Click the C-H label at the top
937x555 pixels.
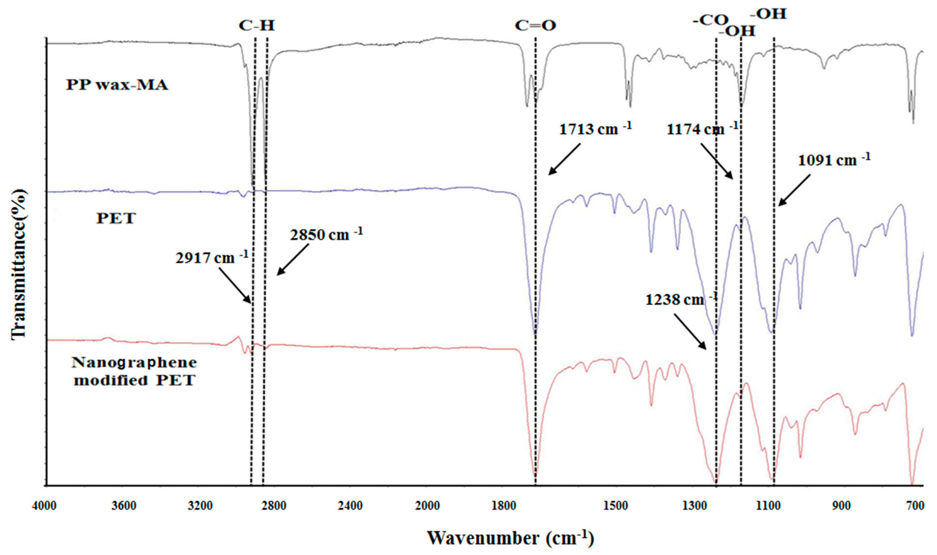coord(257,26)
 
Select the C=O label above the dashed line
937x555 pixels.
coord(535,26)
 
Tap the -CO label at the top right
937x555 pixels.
coord(710,21)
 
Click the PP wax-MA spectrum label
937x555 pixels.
coord(117,85)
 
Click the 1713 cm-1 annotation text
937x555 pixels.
coord(595,129)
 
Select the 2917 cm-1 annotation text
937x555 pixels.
coord(212,258)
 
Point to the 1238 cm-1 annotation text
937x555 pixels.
coord(681,299)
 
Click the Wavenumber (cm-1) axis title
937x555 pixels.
coord(510,538)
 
